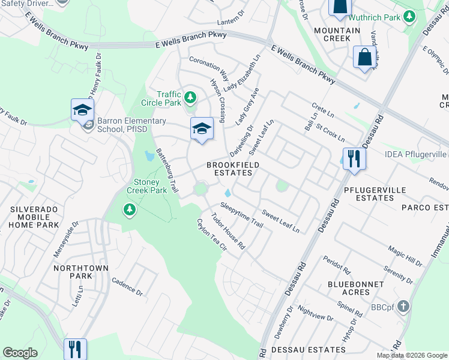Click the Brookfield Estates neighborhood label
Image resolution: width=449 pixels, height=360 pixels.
(x=229, y=169)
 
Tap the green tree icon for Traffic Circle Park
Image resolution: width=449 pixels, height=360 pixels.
(x=190, y=97)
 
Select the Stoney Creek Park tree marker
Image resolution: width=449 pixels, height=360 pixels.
(x=128, y=209)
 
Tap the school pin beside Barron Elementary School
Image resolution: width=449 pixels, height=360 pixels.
(x=82, y=110)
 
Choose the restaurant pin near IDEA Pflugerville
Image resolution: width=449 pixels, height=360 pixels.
(x=354, y=160)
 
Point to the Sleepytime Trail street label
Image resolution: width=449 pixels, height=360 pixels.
(x=241, y=215)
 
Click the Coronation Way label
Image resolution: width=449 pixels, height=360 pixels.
(x=209, y=68)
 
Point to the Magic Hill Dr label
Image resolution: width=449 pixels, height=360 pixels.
(x=406, y=245)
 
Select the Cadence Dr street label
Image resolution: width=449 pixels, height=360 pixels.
(x=127, y=288)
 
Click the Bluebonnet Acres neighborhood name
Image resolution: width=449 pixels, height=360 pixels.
(x=349, y=288)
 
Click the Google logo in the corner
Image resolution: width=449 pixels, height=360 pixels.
(x=20, y=353)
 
